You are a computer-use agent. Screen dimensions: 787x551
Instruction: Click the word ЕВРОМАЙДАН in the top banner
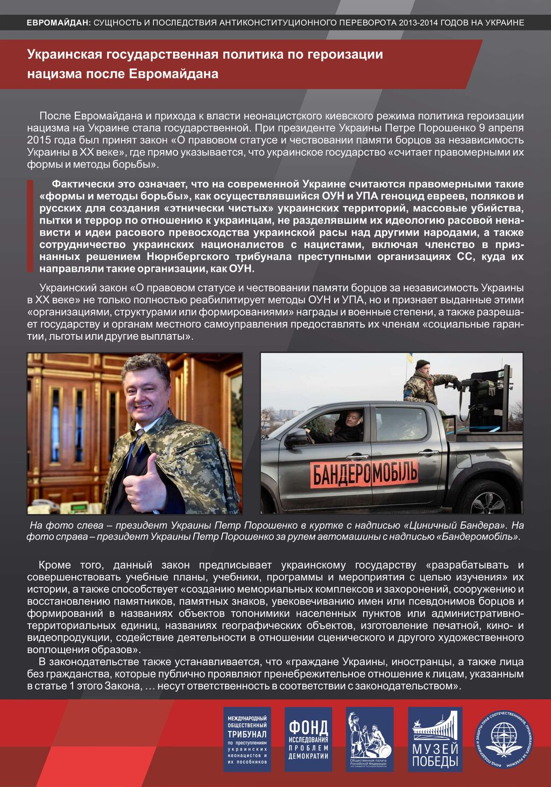(58, 23)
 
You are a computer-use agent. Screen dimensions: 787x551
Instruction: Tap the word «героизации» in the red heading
(345, 54)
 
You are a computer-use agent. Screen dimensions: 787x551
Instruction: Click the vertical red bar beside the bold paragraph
(30, 226)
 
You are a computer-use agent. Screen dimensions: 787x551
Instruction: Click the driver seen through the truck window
(345, 424)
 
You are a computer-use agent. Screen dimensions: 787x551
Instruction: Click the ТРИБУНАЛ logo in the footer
(247, 739)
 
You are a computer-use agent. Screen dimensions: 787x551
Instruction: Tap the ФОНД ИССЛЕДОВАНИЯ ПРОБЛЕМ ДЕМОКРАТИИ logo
(308, 739)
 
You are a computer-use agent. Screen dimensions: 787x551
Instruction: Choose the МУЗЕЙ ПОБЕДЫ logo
(435, 739)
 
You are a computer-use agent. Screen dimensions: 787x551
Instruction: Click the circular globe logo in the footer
(504, 739)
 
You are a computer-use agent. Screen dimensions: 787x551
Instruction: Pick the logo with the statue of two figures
(370, 739)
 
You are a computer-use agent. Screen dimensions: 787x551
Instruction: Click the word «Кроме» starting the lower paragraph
(54, 565)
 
